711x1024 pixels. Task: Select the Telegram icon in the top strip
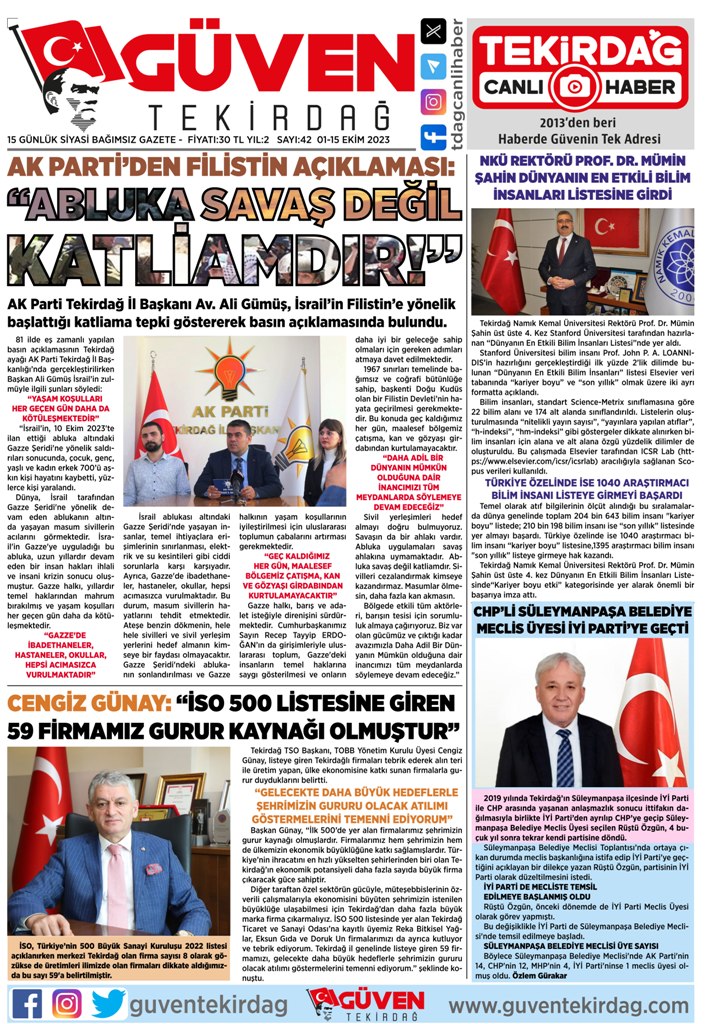tap(433, 66)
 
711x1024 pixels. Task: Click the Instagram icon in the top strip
tap(433, 101)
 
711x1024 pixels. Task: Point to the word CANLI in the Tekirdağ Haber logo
tap(517, 85)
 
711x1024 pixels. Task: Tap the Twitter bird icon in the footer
tap(107, 1001)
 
